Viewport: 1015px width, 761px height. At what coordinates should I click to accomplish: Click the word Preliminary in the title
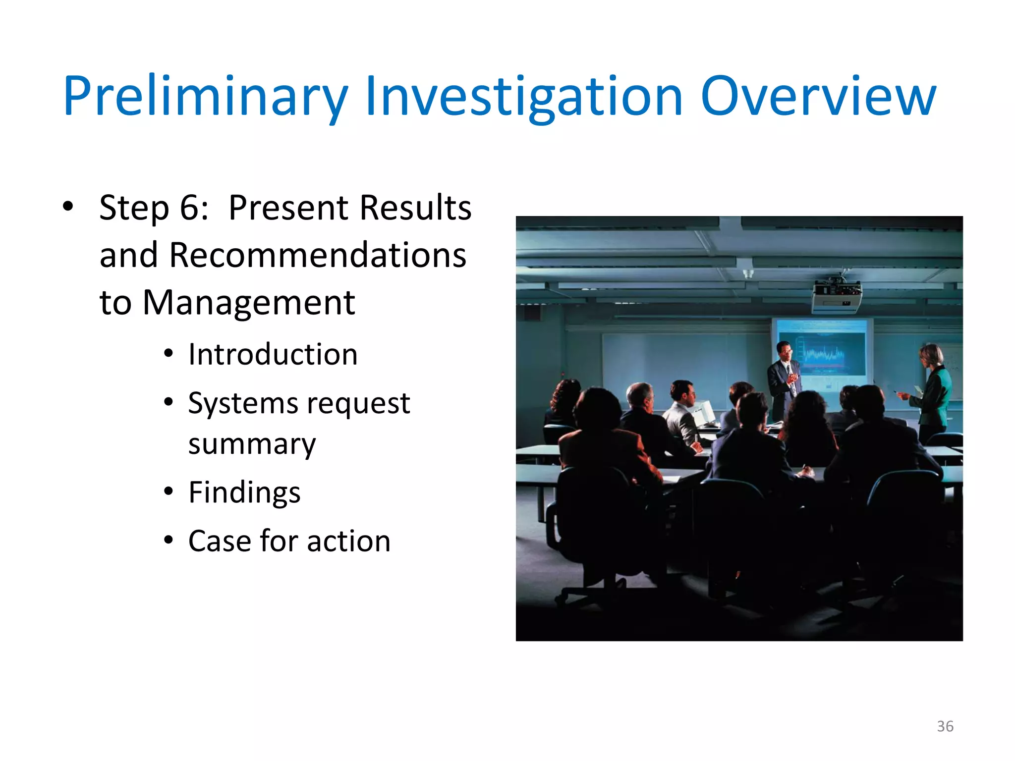[x=206, y=97]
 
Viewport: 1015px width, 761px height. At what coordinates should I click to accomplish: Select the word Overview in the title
[x=818, y=97]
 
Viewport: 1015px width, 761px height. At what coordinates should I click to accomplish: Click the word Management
[x=249, y=303]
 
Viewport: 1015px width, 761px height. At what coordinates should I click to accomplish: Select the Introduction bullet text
[x=273, y=355]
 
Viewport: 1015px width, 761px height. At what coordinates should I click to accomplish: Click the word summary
[x=252, y=443]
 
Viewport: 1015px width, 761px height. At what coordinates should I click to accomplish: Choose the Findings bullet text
[x=244, y=492]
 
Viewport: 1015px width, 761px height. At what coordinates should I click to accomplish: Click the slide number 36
[x=945, y=726]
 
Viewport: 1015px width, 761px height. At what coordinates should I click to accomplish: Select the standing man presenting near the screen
[x=784, y=379]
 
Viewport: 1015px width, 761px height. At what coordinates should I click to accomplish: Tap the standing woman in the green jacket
[x=933, y=391]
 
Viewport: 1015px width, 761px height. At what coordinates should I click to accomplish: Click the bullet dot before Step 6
[x=68, y=206]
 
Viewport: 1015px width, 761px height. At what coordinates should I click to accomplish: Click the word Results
[x=415, y=208]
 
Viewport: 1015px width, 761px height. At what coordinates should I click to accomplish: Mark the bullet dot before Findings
[x=169, y=492]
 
